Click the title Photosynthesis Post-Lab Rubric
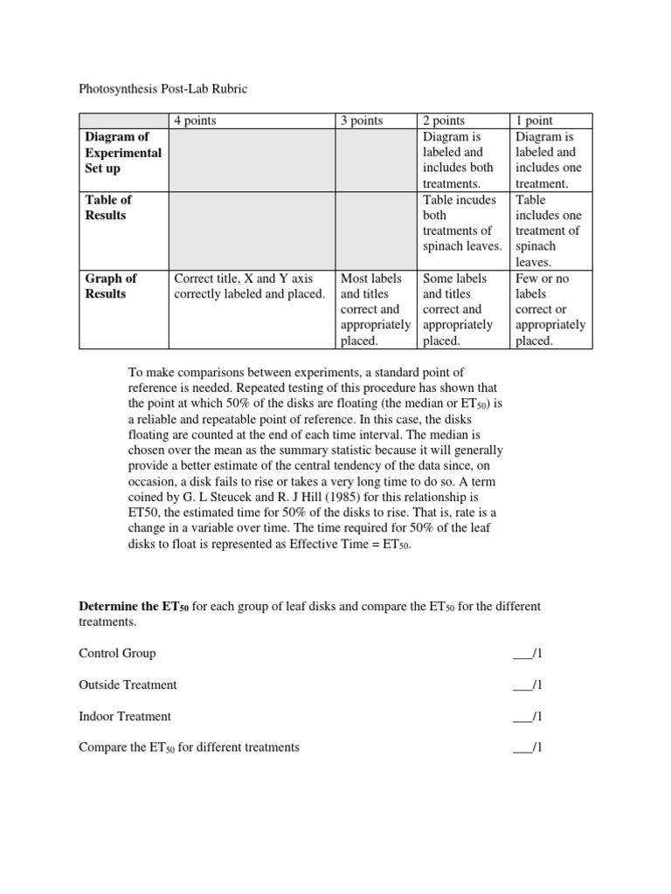tap(164, 89)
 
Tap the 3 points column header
tap(362, 120)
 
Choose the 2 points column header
tap(444, 120)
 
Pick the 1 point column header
tap(534, 120)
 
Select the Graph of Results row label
tap(111, 285)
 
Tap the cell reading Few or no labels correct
tap(550, 309)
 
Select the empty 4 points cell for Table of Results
tap(252, 230)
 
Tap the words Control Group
tap(117, 653)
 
